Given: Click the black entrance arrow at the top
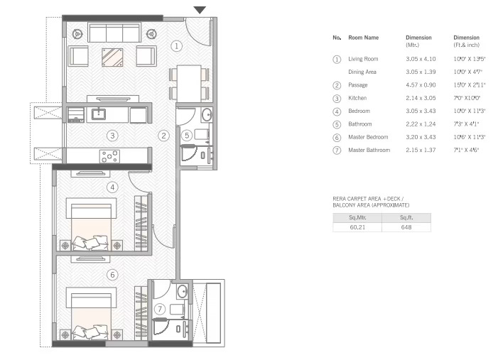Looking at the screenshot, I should tap(200, 9).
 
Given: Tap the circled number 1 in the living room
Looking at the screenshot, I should tap(177, 45).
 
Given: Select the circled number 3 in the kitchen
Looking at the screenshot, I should tap(112, 135).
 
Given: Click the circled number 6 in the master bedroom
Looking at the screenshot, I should tap(112, 274).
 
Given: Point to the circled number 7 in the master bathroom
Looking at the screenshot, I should tap(161, 309).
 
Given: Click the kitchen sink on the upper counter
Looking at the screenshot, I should tap(98, 114).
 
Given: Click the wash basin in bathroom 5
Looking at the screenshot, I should tap(206, 115).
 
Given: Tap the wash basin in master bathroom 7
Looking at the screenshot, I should tap(182, 290).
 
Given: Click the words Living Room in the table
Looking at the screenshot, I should tap(363, 59).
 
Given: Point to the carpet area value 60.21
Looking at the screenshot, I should tap(357, 228).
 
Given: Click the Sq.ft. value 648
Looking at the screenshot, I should tap(406, 228).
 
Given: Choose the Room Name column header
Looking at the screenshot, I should tap(363, 37).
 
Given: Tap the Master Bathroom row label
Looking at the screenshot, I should tap(369, 150).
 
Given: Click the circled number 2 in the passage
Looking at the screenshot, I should tap(163, 135).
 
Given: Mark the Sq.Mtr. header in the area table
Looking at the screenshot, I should tap(357, 217).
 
